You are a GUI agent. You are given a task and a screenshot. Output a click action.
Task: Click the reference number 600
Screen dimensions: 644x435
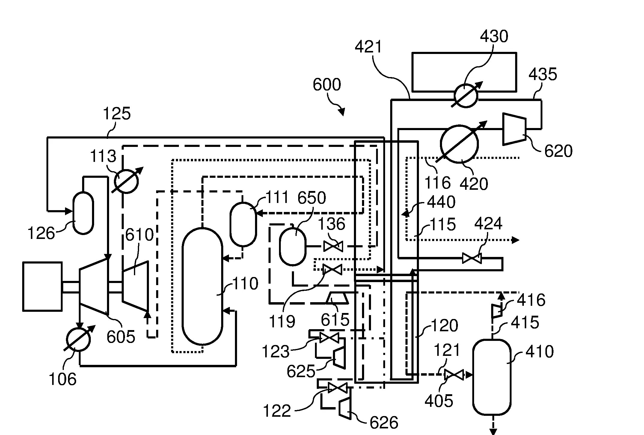[x=327, y=85]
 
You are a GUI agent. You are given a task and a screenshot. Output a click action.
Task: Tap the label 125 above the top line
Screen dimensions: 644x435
[x=117, y=114]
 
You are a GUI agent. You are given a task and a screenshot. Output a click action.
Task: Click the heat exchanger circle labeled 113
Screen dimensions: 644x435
[x=126, y=181]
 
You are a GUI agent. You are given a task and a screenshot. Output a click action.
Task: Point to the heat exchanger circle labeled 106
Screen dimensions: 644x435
[x=78, y=340]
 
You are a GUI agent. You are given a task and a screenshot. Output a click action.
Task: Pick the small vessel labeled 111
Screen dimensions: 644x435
[x=243, y=224]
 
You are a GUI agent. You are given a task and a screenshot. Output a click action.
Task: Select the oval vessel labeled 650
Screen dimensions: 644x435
[x=292, y=246]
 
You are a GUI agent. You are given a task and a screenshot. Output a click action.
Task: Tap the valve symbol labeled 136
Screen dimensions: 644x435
[x=333, y=246]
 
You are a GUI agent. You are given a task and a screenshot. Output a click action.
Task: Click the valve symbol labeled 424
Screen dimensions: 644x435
[x=472, y=258]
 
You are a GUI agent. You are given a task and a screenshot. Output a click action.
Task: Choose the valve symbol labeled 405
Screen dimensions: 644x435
[x=454, y=375]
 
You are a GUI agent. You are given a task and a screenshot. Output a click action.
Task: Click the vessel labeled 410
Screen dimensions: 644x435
[x=492, y=377]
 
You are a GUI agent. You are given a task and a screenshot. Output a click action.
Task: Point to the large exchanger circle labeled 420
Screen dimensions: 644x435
[x=459, y=144]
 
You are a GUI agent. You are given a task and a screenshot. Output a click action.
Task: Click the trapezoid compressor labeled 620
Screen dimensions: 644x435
[x=514, y=129]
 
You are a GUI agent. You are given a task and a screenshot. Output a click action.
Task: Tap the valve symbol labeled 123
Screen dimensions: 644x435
[x=329, y=338]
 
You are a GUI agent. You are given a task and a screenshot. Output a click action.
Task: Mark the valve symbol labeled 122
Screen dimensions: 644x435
[x=338, y=388]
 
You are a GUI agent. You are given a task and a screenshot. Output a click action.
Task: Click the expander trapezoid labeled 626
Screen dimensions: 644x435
[x=345, y=408]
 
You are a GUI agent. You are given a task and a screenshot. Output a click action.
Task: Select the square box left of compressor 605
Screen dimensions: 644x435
[x=43, y=286]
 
